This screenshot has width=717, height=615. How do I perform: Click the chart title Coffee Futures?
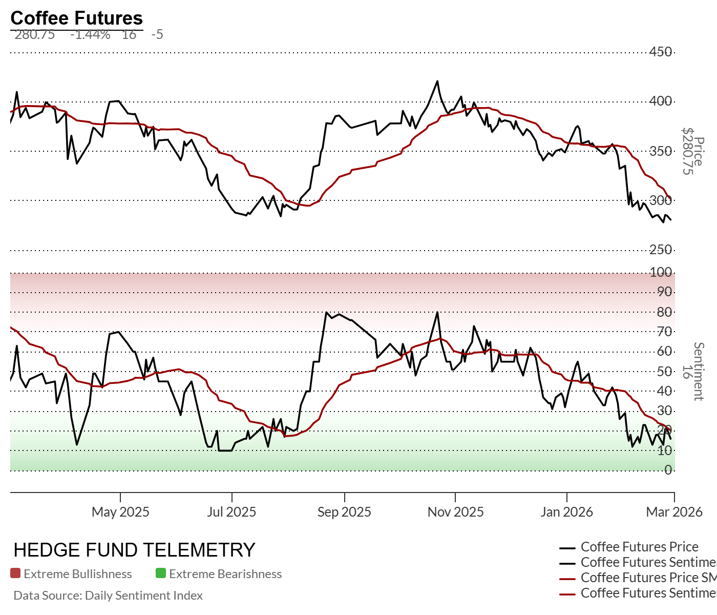point(76,18)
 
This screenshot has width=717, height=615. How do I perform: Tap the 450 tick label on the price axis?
point(661,52)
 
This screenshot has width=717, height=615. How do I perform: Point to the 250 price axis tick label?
point(661,250)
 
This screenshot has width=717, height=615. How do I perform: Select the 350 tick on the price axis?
point(661,151)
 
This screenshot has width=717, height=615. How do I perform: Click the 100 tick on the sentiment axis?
point(661,272)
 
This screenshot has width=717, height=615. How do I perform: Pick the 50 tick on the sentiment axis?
point(664,371)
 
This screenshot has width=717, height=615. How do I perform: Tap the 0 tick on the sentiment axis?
point(668,470)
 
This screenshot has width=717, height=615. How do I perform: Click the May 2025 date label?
point(120,512)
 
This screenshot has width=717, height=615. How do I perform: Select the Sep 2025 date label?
point(344,512)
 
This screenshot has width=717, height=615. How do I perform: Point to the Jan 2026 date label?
point(566,512)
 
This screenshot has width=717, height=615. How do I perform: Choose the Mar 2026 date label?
point(674,512)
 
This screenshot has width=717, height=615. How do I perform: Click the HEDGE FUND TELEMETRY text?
point(134,550)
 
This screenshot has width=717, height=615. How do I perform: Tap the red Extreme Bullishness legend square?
point(15,573)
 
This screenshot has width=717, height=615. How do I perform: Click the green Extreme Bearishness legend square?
point(161,573)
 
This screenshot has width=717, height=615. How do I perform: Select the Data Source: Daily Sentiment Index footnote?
point(108,596)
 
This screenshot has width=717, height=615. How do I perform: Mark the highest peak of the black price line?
point(437,81)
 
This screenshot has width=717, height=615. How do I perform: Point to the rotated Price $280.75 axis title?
point(692,151)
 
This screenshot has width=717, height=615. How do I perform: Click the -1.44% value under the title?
point(90,34)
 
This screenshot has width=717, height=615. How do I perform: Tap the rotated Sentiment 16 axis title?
point(692,371)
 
